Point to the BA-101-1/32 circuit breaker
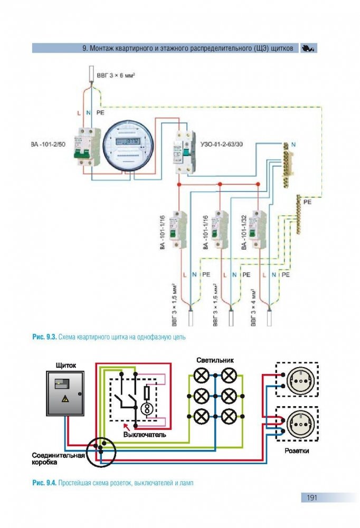(259, 229)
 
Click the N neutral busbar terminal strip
(287, 165)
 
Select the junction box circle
(100, 451)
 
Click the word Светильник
(215, 360)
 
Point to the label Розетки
(297, 452)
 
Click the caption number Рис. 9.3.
(44, 336)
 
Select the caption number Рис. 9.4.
(44, 483)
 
